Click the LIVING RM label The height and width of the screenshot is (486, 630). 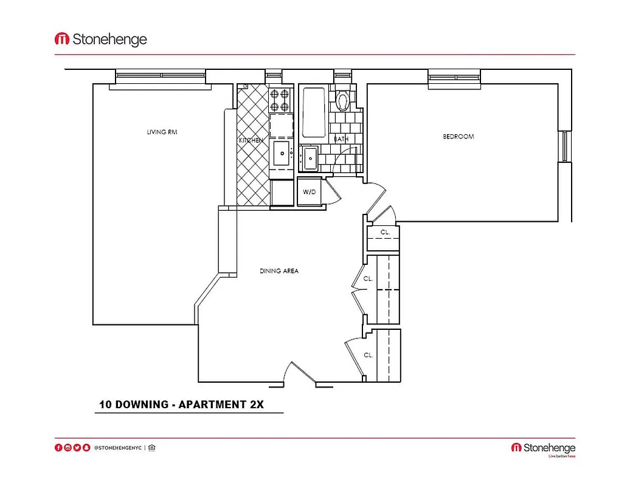pyautogui.click(x=162, y=132)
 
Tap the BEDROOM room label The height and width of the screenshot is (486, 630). pyautogui.click(x=458, y=137)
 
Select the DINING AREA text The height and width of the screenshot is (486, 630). pyautogui.click(x=279, y=271)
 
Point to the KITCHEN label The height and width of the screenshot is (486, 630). pyautogui.click(x=251, y=140)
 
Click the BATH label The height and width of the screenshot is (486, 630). pyautogui.click(x=341, y=139)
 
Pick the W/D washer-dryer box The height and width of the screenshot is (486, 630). pyautogui.click(x=310, y=192)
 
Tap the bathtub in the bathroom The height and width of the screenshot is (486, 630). pyautogui.click(x=314, y=112)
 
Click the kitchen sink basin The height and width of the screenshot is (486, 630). pyautogui.click(x=281, y=154)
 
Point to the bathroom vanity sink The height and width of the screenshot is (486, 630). pyautogui.click(x=310, y=159)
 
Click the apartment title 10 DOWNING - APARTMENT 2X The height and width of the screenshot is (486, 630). pyautogui.click(x=181, y=405)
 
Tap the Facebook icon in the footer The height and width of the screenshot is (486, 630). pyautogui.click(x=59, y=448)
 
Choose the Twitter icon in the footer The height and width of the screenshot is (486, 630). pyautogui.click(x=77, y=448)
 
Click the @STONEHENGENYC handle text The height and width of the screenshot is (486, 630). pyautogui.click(x=117, y=448)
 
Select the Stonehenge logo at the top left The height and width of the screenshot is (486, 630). pyautogui.click(x=101, y=39)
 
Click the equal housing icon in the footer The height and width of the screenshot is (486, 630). pyautogui.click(x=151, y=448)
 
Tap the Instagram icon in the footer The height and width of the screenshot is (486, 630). pyautogui.click(x=68, y=448)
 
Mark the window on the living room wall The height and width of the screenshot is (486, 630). pyautogui.click(x=161, y=76)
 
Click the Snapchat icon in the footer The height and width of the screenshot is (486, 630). pyautogui.click(x=86, y=448)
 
